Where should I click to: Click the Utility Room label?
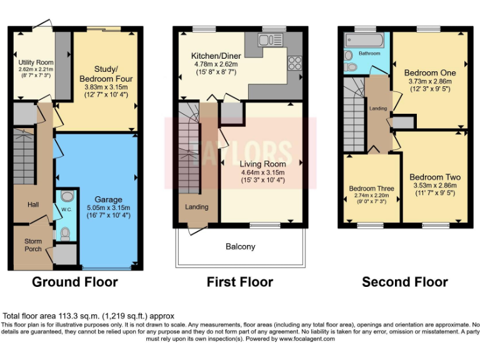click(36, 62)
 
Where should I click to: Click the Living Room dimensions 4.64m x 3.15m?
click(262, 172)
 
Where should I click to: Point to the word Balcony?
click(241, 247)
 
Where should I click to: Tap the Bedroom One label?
click(430, 72)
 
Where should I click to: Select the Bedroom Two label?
click(434, 177)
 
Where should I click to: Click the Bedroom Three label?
click(371, 188)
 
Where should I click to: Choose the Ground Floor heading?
click(74, 282)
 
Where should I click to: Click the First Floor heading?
click(240, 282)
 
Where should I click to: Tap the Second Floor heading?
click(404, 282)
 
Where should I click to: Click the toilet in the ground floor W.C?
click(66, 234)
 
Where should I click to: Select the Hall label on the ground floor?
click(33, 204)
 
